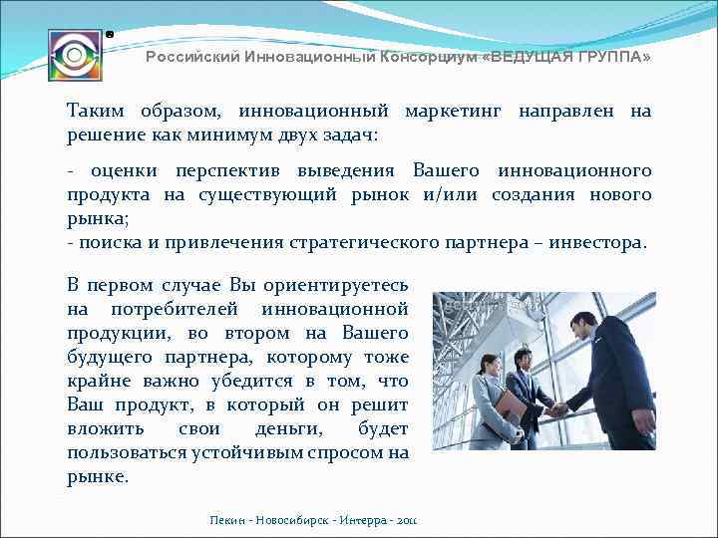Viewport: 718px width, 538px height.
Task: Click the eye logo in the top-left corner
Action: tap(74, 54)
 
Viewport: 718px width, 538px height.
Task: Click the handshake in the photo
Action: tap(558, 408)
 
